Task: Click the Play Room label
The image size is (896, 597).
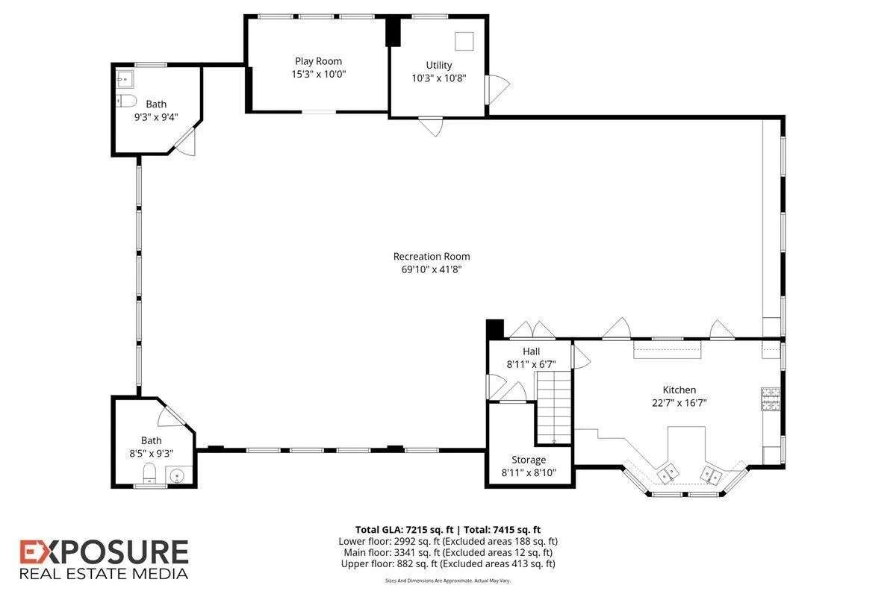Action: point(318,61)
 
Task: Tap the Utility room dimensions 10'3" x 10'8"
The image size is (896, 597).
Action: point(439,78)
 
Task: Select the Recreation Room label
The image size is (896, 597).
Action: point(432,256)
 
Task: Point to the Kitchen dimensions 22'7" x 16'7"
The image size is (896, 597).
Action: point(679,403)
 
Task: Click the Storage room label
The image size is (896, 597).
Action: point(529,460)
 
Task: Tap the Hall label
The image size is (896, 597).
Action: point(531,351)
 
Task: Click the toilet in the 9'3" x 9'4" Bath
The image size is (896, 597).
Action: point(126,101)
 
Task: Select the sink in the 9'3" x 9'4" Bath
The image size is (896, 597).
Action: point(125,80)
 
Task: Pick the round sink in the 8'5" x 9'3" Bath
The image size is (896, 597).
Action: point(176,476)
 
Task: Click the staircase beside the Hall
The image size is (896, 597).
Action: point(553,407)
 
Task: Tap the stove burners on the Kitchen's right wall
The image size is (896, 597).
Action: point(771,399)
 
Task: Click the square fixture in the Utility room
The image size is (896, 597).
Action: point(464,41)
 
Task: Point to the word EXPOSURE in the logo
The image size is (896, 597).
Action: point(104,552)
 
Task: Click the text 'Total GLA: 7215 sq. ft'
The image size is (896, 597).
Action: point(405,530)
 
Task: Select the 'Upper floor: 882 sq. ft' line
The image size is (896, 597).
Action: point(448,564)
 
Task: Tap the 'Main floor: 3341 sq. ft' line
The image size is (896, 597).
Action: point(448,553)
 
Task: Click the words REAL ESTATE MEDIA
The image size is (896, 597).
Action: point(104,574)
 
